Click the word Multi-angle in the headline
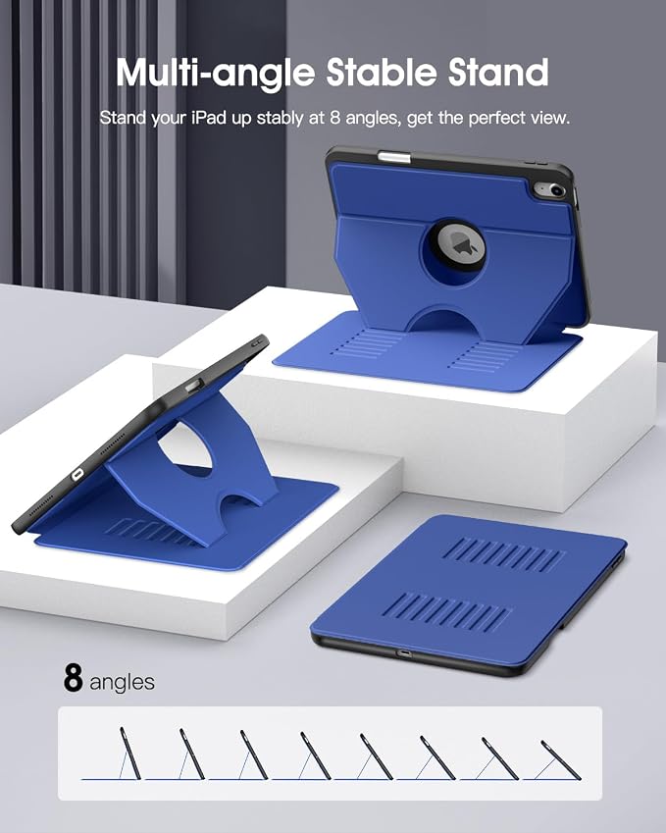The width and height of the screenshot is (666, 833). (x=216, y=73)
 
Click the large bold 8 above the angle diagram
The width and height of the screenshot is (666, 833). (x=73, y=677)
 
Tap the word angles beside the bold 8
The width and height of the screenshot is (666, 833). (x=123, y=682)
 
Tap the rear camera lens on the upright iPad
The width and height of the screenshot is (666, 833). (x=555, y=190)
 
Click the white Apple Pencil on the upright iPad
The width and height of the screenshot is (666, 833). (x=393, y=157)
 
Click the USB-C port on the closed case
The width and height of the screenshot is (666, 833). (x=405, y=652)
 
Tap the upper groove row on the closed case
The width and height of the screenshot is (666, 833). (x=503, y=555)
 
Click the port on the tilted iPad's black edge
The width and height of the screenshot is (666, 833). (x=78, y=474)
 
